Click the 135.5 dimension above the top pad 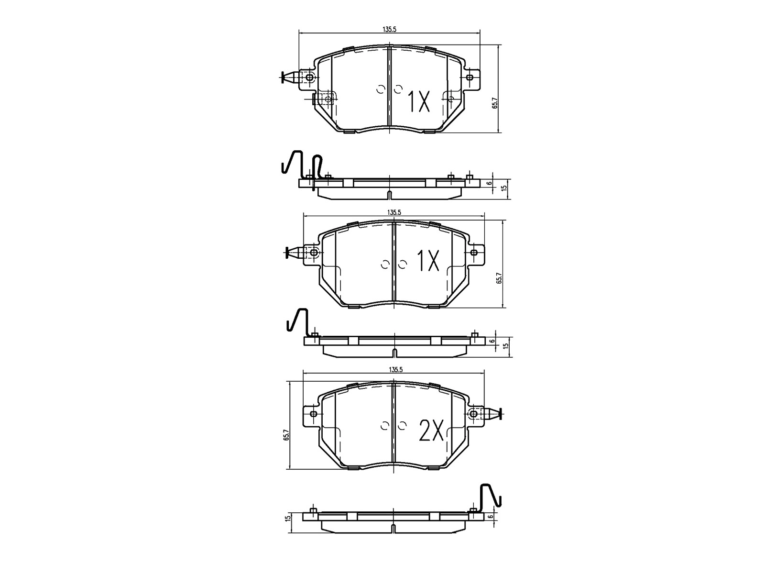tap(389, 29)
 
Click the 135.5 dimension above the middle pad tap(394, 212)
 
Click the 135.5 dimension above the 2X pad tap(394, 369)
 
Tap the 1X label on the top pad tap(418, 101)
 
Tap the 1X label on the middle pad tap(428, 261)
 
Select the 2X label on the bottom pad tap(431, 430)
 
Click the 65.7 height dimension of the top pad tap(495, 103)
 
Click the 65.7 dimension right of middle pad tap(499, 278)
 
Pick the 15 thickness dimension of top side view tap(503, 189)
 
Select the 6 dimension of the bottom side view tap(491, 516)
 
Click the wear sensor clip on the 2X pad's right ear tap(492, 413)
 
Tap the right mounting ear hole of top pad tap(470, 77)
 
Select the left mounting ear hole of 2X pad tap(314, 414)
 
